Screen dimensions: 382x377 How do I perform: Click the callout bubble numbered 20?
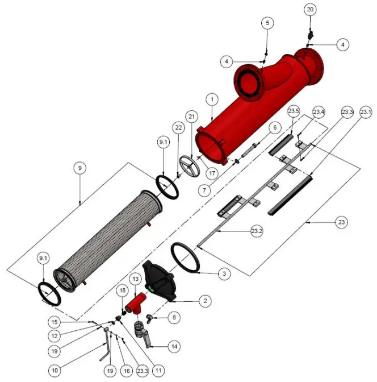pyautogui.click(x=309, y=10)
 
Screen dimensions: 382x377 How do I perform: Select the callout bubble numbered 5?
pyautogui.click(x=267, y=23)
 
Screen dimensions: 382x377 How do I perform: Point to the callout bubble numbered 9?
pyautogui.click(x=80, y=168)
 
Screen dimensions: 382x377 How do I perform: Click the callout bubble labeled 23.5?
pyautogui.click(x=293, y=110)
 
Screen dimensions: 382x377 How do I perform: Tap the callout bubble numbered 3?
pyautogui.click(x=225, y=273)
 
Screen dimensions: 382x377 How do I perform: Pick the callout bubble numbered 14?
pyautogui.click(x=174, y=345)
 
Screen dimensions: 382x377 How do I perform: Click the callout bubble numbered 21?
pyautogui.click(x=192, y=117)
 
